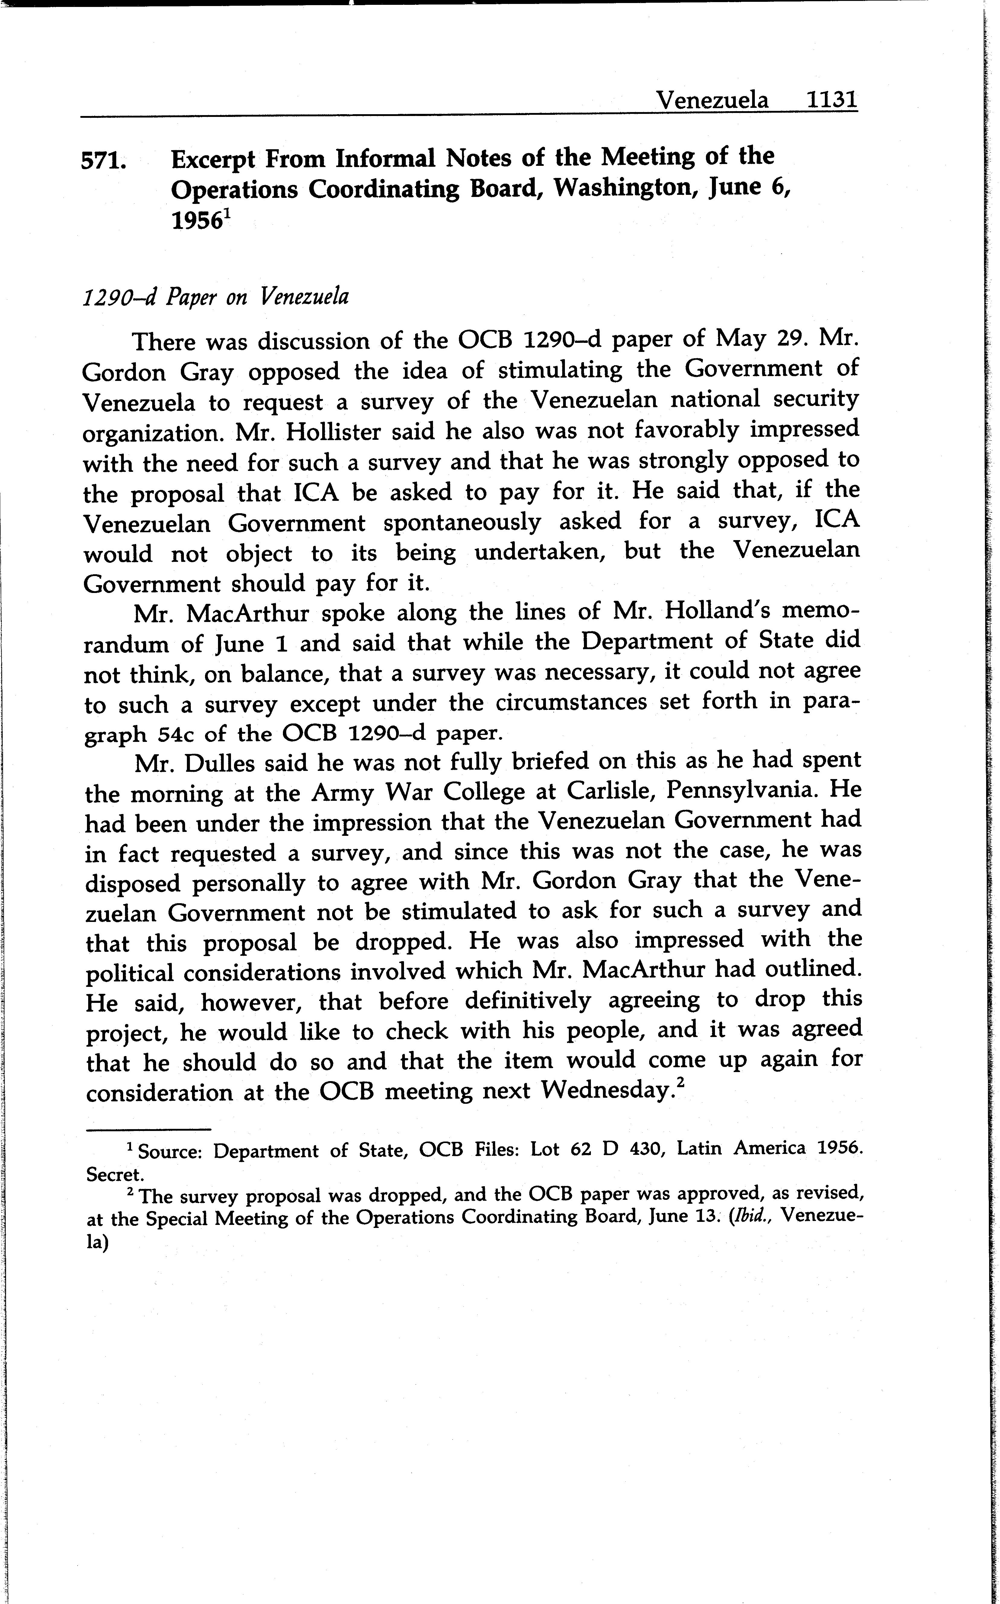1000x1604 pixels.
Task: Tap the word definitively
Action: click(x=527, y=1000)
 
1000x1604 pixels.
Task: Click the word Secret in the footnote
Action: click(x=114, y=1174)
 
